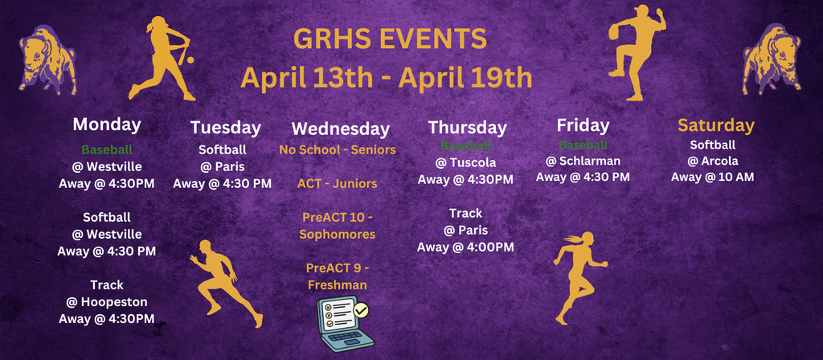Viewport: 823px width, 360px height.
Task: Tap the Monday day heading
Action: [x=107, y=125]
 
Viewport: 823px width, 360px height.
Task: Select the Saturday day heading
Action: [x=715, y=125]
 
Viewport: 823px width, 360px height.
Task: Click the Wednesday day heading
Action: [x=340, y=129]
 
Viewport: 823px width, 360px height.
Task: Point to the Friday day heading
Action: [x=583, y=125]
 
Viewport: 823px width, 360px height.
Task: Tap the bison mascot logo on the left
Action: [x=47, y=60]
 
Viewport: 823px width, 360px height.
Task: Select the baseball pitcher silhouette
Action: [x=635, y=52]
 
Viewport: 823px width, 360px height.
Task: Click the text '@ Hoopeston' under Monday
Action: [x=106, y=301]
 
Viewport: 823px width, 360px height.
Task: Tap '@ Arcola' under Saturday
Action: [x=712, y=161]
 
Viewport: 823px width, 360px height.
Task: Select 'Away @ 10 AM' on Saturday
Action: [x=712, y=177]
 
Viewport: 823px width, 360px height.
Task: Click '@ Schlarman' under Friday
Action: [x=583, y=161]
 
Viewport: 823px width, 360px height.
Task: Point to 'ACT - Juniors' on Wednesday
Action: [x=337, y=184]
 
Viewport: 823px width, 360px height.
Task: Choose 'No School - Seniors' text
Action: [x=337, y=150]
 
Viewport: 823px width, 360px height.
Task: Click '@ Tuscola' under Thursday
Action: [x=465, y=162]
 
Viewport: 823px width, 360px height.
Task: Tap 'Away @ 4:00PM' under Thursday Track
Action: [x=465, y=247]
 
